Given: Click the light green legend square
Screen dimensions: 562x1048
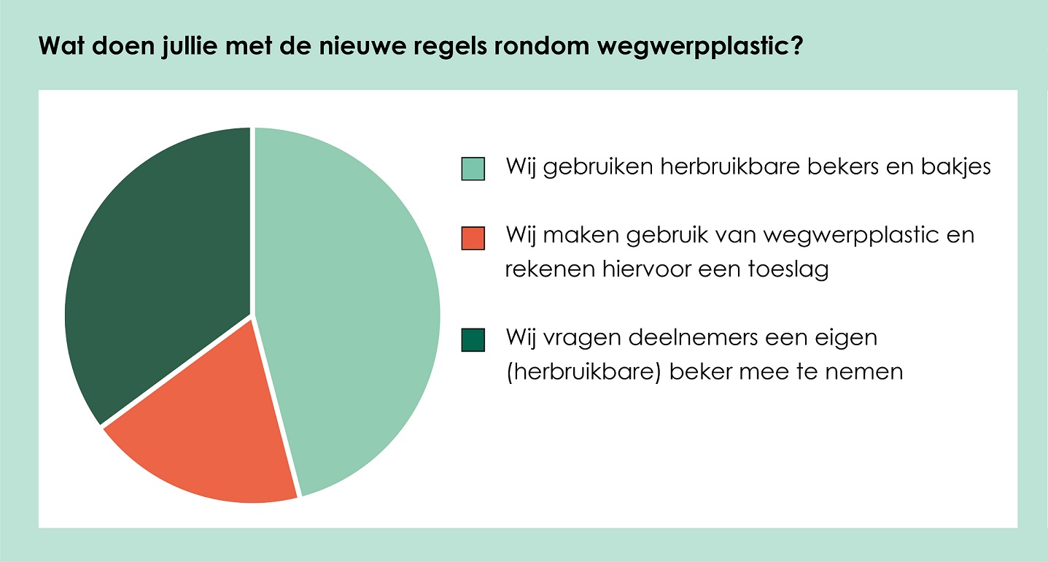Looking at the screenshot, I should click(x=473, y=169).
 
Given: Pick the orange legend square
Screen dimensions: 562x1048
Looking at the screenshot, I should click(x=473, y=238).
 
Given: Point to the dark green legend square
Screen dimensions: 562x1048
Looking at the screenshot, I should click(x=473, y=340).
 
